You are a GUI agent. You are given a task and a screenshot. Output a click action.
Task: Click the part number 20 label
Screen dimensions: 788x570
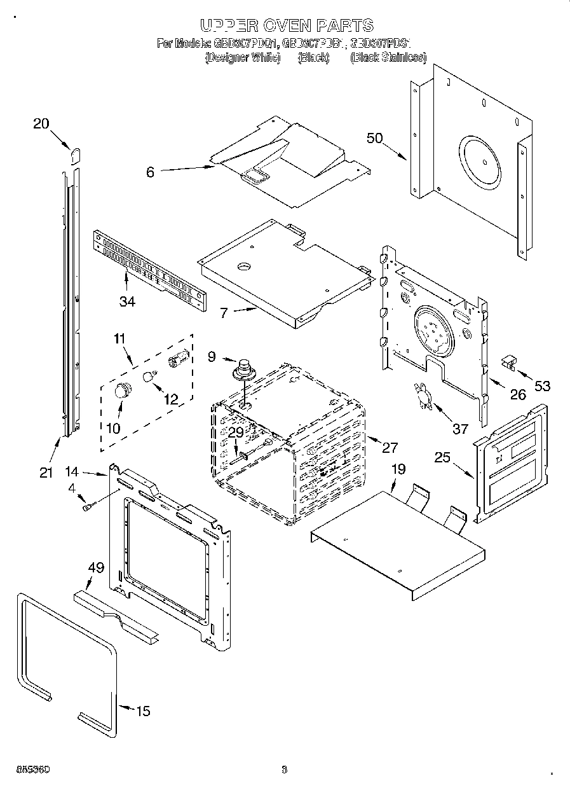pyautogui.click(x=41, y=124)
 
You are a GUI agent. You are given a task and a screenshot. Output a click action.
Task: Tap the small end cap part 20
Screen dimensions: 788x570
pyautogui.click(x=75, y=155)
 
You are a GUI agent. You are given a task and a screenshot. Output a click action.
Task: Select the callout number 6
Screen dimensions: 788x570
pyautogui.click(x=150, y=172)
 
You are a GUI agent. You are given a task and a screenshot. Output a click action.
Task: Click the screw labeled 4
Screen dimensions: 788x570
pyautogui.click(x=89, y=506)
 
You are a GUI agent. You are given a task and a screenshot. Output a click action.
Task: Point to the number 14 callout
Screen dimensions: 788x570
pyautogui.click(x=72, y=472)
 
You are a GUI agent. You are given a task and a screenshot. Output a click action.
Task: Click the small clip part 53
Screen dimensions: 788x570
pyautogui.click(x=508, y=362)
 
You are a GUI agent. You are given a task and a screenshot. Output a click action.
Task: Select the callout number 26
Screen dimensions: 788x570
pyautogui.click(x=518, y=395)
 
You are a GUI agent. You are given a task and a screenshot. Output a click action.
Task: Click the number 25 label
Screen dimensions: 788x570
pyautogui.click(x=442, y=457)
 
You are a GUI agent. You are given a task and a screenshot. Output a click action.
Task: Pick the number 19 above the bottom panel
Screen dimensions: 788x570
pyautogui.click(x=398, y=470)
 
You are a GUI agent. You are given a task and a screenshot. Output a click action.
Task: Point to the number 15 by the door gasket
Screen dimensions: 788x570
pyautogui.click(x=144, y=710)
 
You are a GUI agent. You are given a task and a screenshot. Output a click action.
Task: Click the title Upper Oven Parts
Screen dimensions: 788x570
pyautogui.click(x=286, y=25)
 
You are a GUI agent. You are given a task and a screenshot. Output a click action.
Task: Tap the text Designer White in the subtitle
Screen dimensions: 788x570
pyautogui.click(x=242, y=58)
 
